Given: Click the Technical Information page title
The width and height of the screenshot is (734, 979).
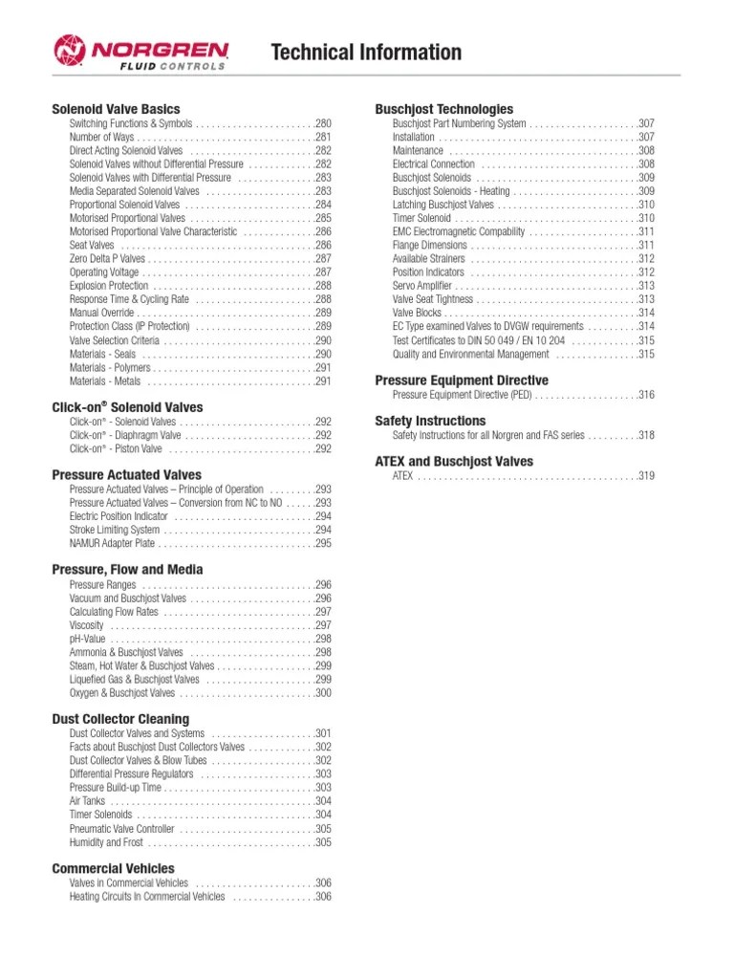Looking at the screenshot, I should pyautogui.click(x=366, y=53).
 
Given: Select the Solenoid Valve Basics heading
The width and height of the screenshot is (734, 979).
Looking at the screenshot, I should pyautogui.click(x=116, y=109).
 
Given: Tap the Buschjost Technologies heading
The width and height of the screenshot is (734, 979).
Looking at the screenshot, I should pyautogui.click(x=443, y=109).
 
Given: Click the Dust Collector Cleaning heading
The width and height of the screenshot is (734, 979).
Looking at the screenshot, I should pyautogui.click(x=120, y=719).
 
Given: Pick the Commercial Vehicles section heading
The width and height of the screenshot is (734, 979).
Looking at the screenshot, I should pyautogui.click(x=113, y=868).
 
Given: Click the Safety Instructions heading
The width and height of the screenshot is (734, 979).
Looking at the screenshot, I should pyautogui.click(x=430, y=421).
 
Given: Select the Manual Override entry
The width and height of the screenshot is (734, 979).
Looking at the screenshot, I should pyautogui.click(x=101, y=313).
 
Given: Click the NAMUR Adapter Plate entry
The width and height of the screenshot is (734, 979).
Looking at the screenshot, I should pyautogui.click(x=112, y=543).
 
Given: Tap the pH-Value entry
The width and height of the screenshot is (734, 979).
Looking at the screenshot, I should pyautogui.click(x=89, y=639).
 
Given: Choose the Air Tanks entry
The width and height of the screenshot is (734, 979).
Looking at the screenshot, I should pyautogui.click(x=87, y=801).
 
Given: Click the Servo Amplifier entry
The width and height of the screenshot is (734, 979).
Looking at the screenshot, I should pyautogui.click(x=422, y=286).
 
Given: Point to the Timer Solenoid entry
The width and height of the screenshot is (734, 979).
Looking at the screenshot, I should pyautogui.click(x=421, y=218).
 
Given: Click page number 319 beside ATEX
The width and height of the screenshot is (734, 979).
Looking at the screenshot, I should pyautogui.click(x=645, y=476).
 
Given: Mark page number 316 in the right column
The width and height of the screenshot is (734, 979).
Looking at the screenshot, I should pyautogui.click(x=645, y=395).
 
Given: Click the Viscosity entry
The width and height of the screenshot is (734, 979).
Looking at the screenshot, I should pyautogui.click(x=86, y=625).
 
